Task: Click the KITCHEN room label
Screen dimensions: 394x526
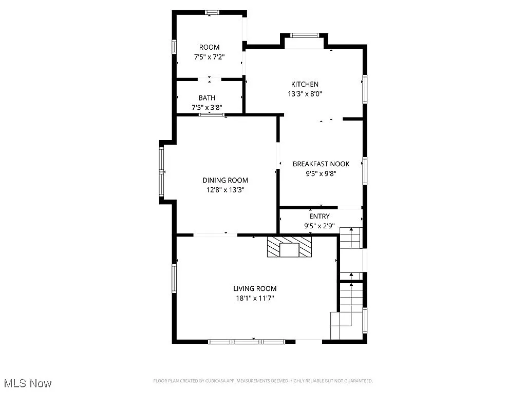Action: pyautogui.click(x=305, y=84)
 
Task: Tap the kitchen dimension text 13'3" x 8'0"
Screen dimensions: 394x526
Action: pyautogui.click(x=305, y=94)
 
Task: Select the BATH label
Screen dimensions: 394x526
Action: pyautogui.click(x=207, y=98)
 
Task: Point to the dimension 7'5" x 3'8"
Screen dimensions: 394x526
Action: pyautogui.click(x=207, y=108)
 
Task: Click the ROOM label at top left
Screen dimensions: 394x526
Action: pyautogui.click(x=209, y=47)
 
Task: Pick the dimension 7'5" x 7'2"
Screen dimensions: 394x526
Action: pyautogui.click(x=209, y=57)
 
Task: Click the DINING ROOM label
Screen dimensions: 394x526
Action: pyautogui.click(x=225, y=180)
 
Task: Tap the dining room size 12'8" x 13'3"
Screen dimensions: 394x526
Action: pyautogui.click(x=225, y=190)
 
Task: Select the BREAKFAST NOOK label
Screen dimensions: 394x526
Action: pyautogui.click(x=321, y=164)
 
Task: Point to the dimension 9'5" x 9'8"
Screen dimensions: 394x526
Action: pyautogui.click(x=321, y=173)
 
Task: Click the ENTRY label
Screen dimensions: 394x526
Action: pyautogui.click(x=320, y=216)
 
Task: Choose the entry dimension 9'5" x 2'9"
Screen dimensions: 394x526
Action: pyautogui.click(x=320, y=226)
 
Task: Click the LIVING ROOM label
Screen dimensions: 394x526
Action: pyautogui.click(x=255, y=289)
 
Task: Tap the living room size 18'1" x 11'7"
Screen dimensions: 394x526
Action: pyautogui.click(x=255, y=299)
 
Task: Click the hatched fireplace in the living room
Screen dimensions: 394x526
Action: pyautogui.click(x=289, y=246)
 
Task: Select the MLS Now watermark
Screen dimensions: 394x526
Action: pyautogui.click(x=28, y=383)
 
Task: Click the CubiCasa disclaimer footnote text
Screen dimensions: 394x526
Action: pyautogui.click(x=263, y=381)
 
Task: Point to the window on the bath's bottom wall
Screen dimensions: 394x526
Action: pyautogui.click(x=212, y=114)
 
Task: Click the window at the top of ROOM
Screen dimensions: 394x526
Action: pyautogui.click(x=212, y=12)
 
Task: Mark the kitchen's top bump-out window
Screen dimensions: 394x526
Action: pyautogui.click(x=305, y=35)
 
